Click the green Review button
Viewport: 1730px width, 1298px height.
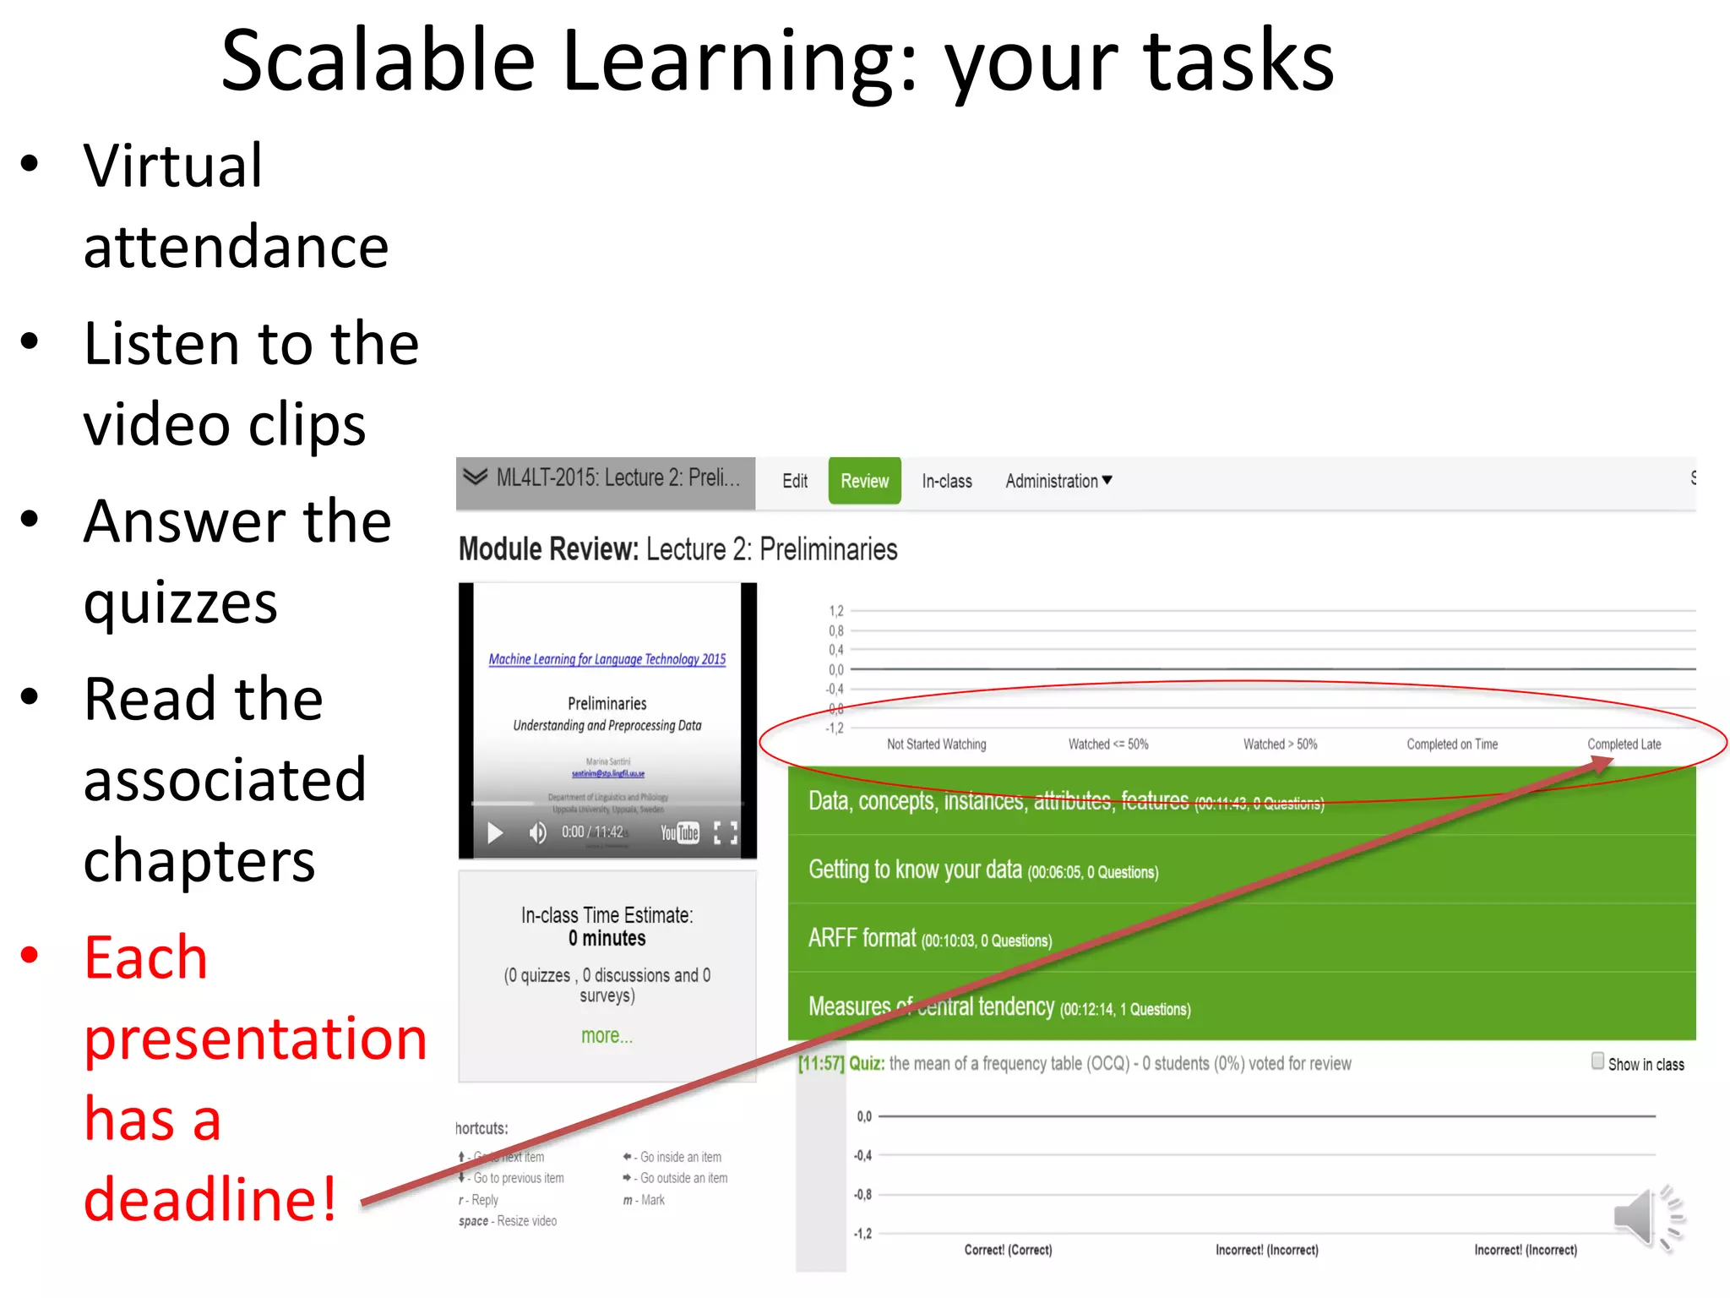[x=864, y=481]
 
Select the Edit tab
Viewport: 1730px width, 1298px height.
[x=794, y=481]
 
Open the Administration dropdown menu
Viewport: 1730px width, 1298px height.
[x=1058, y=481]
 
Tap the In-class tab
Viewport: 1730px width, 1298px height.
[x=946, y=481]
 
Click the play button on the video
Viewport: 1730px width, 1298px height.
[x=495, y=833]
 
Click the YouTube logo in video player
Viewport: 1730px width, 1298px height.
[x=679, y=833]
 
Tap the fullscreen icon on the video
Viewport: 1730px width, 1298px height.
[x=725, y=833]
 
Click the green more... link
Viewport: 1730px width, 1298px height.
[x=607, y=1035]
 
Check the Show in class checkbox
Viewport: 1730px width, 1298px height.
[x=1597, y=1061]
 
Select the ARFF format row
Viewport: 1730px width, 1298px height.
[x=1242, y=938]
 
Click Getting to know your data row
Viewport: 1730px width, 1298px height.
[x=1242, y=870]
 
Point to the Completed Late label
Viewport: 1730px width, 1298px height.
[x=1624, y=744]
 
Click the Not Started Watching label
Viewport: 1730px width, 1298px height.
[x=936, y=744]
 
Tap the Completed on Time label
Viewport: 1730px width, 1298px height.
[x=1451, y=744]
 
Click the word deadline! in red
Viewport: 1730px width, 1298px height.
[x=210, y=1198]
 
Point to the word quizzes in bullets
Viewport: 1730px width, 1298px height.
[x=181, y=603]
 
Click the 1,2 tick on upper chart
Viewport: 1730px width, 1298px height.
[x=835, y=611]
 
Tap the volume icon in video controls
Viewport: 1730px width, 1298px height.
[x=537, y=833]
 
